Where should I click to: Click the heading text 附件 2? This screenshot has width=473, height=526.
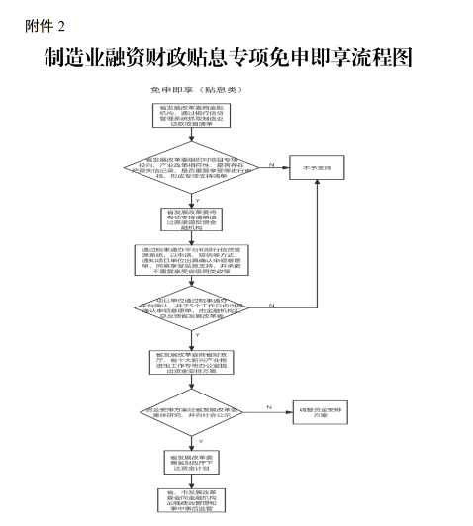(x=44, y=25)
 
